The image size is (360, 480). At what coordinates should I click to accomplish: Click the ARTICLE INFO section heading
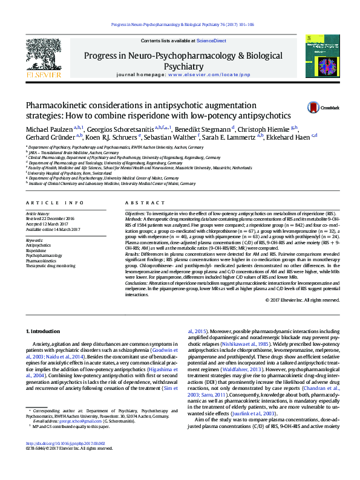click(x=54, y=203)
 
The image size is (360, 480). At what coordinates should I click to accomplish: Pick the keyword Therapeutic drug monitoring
click(x=50, y=265)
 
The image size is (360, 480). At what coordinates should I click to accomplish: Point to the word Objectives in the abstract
click(x=134, y=214)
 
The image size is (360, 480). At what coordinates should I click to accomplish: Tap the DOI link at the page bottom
click(x=62, y=459)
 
